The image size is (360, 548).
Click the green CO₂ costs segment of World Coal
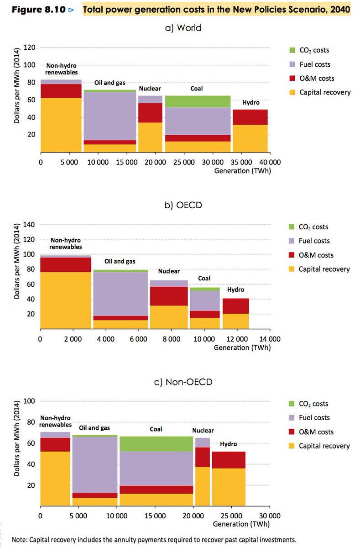[x=197, y=101]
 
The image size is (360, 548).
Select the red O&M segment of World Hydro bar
[x=250, y=117]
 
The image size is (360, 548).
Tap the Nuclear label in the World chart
[x=150, y=89]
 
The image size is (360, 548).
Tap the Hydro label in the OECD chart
[x=235, y=290]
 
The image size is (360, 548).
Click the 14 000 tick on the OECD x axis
[x=270, y=339]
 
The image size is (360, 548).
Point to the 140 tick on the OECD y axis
[x=30, y=225]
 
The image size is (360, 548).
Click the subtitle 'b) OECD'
[x=183, y=205]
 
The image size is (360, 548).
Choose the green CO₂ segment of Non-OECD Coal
[x=156, y=444]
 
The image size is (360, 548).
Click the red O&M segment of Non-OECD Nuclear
[x=202, y=457]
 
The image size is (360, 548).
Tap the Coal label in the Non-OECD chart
[x=156, y=429]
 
